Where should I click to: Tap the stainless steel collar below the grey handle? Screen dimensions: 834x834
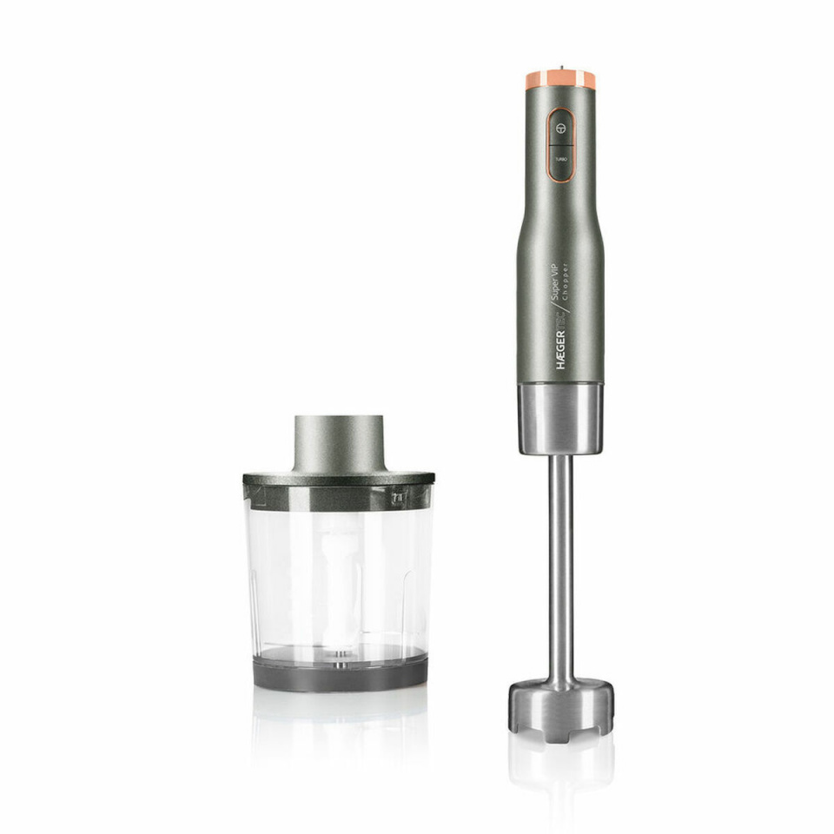coord(561,419)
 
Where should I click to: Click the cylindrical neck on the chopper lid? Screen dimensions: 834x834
coord(339,443)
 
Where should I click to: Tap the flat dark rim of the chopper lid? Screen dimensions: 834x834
coord(339,478)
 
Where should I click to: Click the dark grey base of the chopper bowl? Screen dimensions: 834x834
coord(340,673)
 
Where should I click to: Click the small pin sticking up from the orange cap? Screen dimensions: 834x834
coord(561,66)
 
